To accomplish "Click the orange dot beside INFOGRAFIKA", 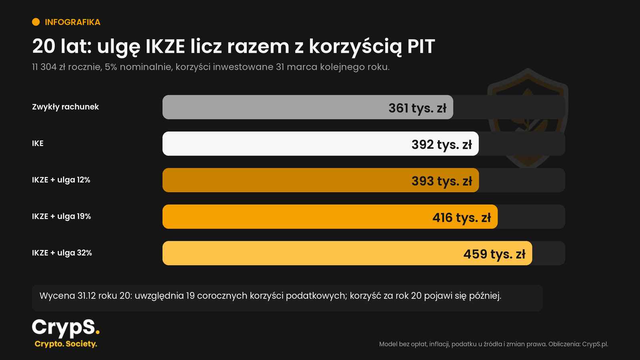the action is (36, 22).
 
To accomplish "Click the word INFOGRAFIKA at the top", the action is (72, 22).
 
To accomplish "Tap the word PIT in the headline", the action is (421, 46).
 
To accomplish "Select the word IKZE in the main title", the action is (165, 46).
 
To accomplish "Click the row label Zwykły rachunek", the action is (66, 107).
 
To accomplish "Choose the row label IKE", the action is (38, 144).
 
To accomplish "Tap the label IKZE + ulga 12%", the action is (61, 180).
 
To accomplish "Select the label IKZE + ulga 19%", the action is (62, 216).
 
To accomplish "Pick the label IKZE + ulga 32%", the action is (62, 253).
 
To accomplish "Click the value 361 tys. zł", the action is (417, 108).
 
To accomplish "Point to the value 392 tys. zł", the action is (442, 144).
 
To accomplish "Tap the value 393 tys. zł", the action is (442, 181).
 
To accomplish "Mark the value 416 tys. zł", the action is (462, 218).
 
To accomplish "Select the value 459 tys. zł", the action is (494, 254).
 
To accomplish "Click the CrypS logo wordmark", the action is (66, 328).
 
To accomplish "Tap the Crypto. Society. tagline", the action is (66, 344).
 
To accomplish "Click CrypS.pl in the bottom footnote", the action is (595, 344).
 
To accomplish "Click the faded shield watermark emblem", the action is (528, 118).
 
